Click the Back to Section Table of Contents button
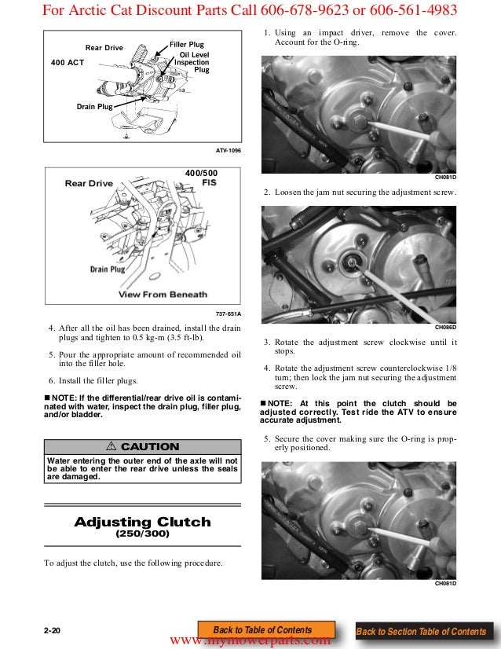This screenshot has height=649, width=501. (421, 632)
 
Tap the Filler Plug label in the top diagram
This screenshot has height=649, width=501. (187, 45)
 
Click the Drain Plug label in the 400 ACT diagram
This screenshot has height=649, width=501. (95, 105)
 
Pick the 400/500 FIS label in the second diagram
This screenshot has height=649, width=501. (202, 177)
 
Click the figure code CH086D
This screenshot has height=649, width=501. (445, 326)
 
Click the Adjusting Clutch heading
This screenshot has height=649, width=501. (142, 522)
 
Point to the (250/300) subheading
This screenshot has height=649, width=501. (142, 533)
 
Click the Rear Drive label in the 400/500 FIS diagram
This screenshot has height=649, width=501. (89, 184)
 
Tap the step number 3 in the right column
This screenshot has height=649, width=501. (267, 343)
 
